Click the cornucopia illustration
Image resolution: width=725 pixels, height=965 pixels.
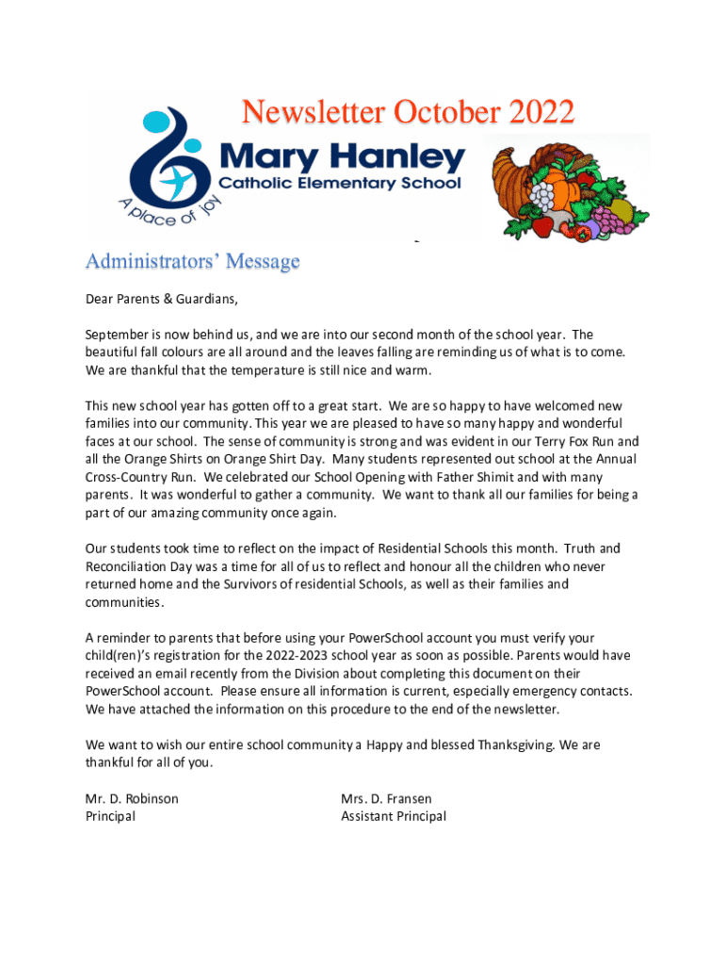[x=566, y=188]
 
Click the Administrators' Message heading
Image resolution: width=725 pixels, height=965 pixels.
[x=192, y=261]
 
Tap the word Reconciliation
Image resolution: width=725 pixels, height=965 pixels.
[x=137, y=566]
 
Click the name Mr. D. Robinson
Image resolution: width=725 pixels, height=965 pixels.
[x=132, y=798]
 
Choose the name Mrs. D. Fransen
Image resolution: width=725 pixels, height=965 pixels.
[x=386, y=798]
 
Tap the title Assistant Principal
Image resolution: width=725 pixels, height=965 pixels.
[x=394, y=816]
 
